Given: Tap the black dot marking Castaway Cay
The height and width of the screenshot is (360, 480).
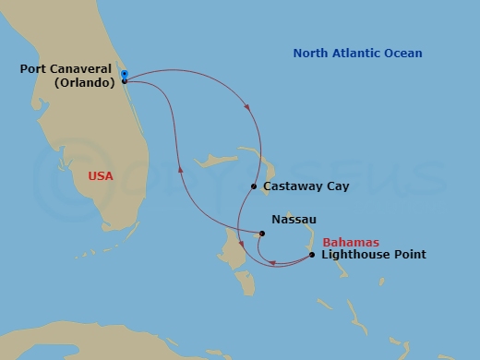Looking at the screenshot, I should tap(254, 186).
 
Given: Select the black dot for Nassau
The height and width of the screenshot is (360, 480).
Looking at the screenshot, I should tap(262, 234).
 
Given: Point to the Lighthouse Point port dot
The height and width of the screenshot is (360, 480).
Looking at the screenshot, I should tap(312, 255).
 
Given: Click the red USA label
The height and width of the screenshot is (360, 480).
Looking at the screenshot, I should tap(102, 174).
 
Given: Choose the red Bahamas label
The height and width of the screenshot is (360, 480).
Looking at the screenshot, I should tap(351, 242).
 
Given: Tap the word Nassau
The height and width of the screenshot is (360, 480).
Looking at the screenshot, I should tap(294, 220).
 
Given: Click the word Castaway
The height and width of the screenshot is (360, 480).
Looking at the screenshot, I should tap(293, 186).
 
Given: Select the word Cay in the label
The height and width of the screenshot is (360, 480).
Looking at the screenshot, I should tap(336, 186).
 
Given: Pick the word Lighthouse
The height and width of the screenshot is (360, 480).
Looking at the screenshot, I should tap(355, 255).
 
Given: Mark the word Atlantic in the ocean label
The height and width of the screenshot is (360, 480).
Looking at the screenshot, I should tap(358, 54).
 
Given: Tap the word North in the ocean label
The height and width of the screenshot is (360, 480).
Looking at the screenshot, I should tap(311, 54).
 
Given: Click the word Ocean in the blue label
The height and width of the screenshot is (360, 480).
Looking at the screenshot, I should tap(403, 54).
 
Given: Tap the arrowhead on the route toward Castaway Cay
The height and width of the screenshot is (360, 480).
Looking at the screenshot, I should tap(247, 110).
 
